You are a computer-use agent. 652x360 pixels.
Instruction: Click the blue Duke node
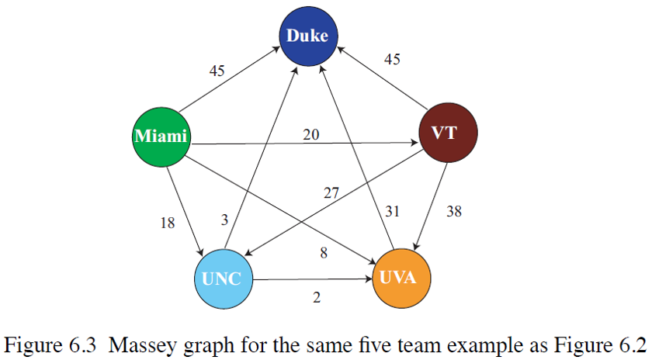click(307, 36)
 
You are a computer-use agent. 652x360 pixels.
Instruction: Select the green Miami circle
click(161, 137)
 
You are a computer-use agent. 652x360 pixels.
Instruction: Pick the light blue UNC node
click(223, 279)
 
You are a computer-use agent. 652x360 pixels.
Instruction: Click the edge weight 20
click(311, 135)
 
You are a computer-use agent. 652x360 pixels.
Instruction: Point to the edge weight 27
click(331, 193)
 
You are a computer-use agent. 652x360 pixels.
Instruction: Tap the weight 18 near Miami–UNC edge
click(167, 223)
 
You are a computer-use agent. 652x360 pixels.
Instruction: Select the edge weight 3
click(224, 220)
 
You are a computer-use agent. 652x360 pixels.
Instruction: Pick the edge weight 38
click(454, 210)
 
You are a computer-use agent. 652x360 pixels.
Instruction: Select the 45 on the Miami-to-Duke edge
click(217, 71)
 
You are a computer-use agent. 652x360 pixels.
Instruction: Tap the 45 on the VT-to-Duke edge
click(392, 59)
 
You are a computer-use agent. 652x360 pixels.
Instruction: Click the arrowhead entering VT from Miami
click(413, 142)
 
